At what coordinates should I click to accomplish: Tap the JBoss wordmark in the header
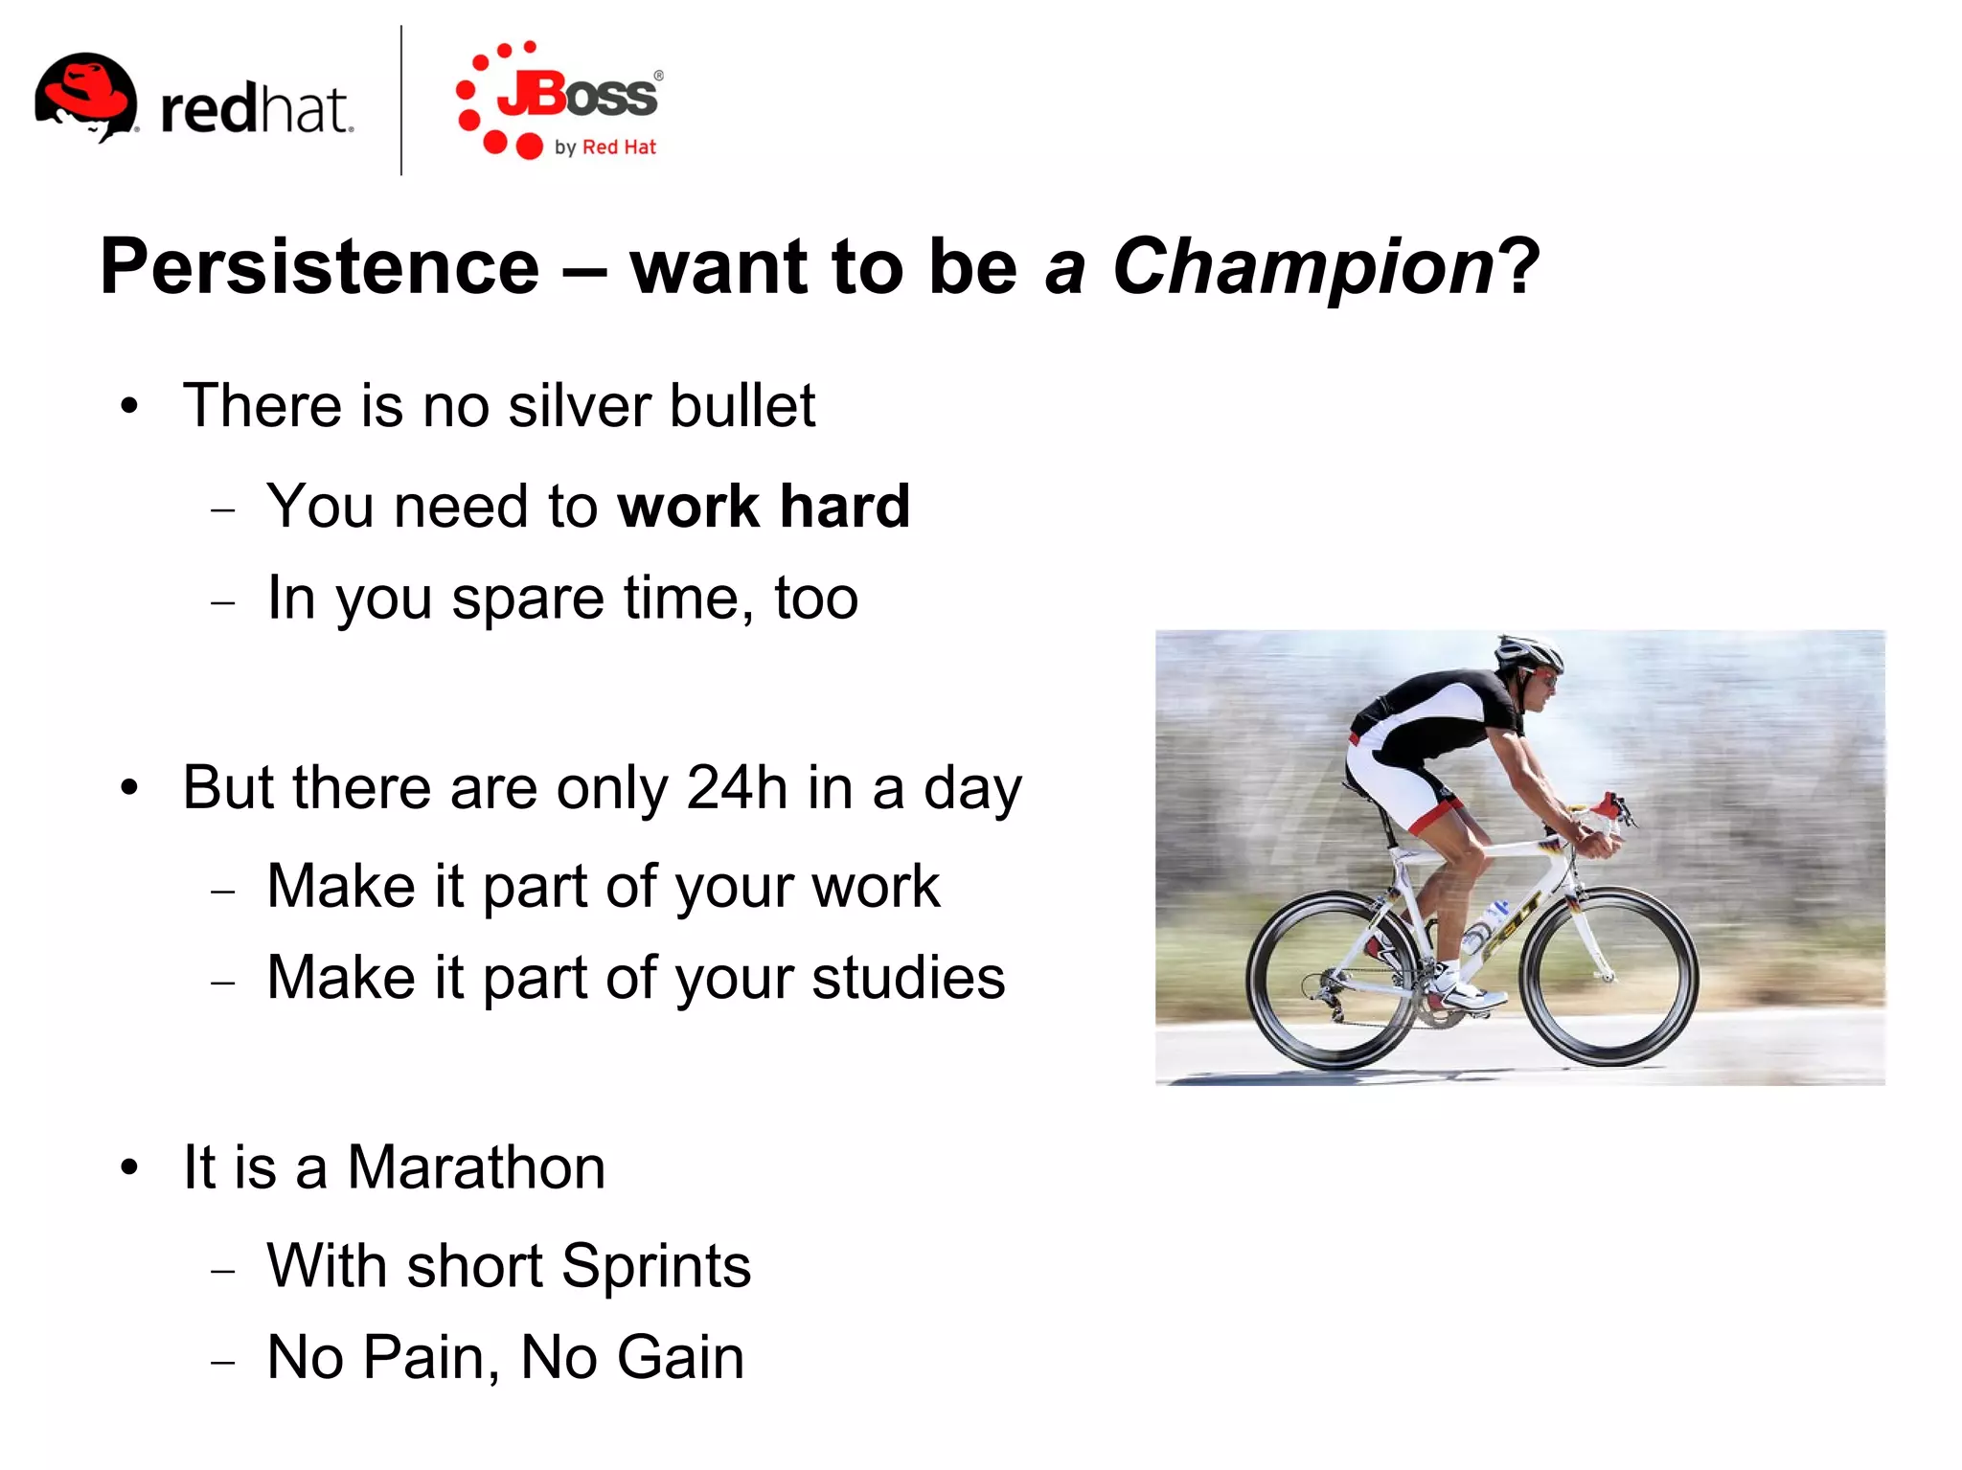578,95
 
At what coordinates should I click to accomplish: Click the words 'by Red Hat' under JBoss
605,147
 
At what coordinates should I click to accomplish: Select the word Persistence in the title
320,266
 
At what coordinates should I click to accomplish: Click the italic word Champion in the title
1303,266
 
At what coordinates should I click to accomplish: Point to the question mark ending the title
1519,266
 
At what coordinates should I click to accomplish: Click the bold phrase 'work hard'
764,506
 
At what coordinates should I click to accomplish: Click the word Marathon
476,1167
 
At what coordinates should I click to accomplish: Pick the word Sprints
655,1266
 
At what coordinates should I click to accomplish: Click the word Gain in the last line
680,1357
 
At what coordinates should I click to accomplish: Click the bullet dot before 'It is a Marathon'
130,1168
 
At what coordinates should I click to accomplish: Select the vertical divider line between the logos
400,101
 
